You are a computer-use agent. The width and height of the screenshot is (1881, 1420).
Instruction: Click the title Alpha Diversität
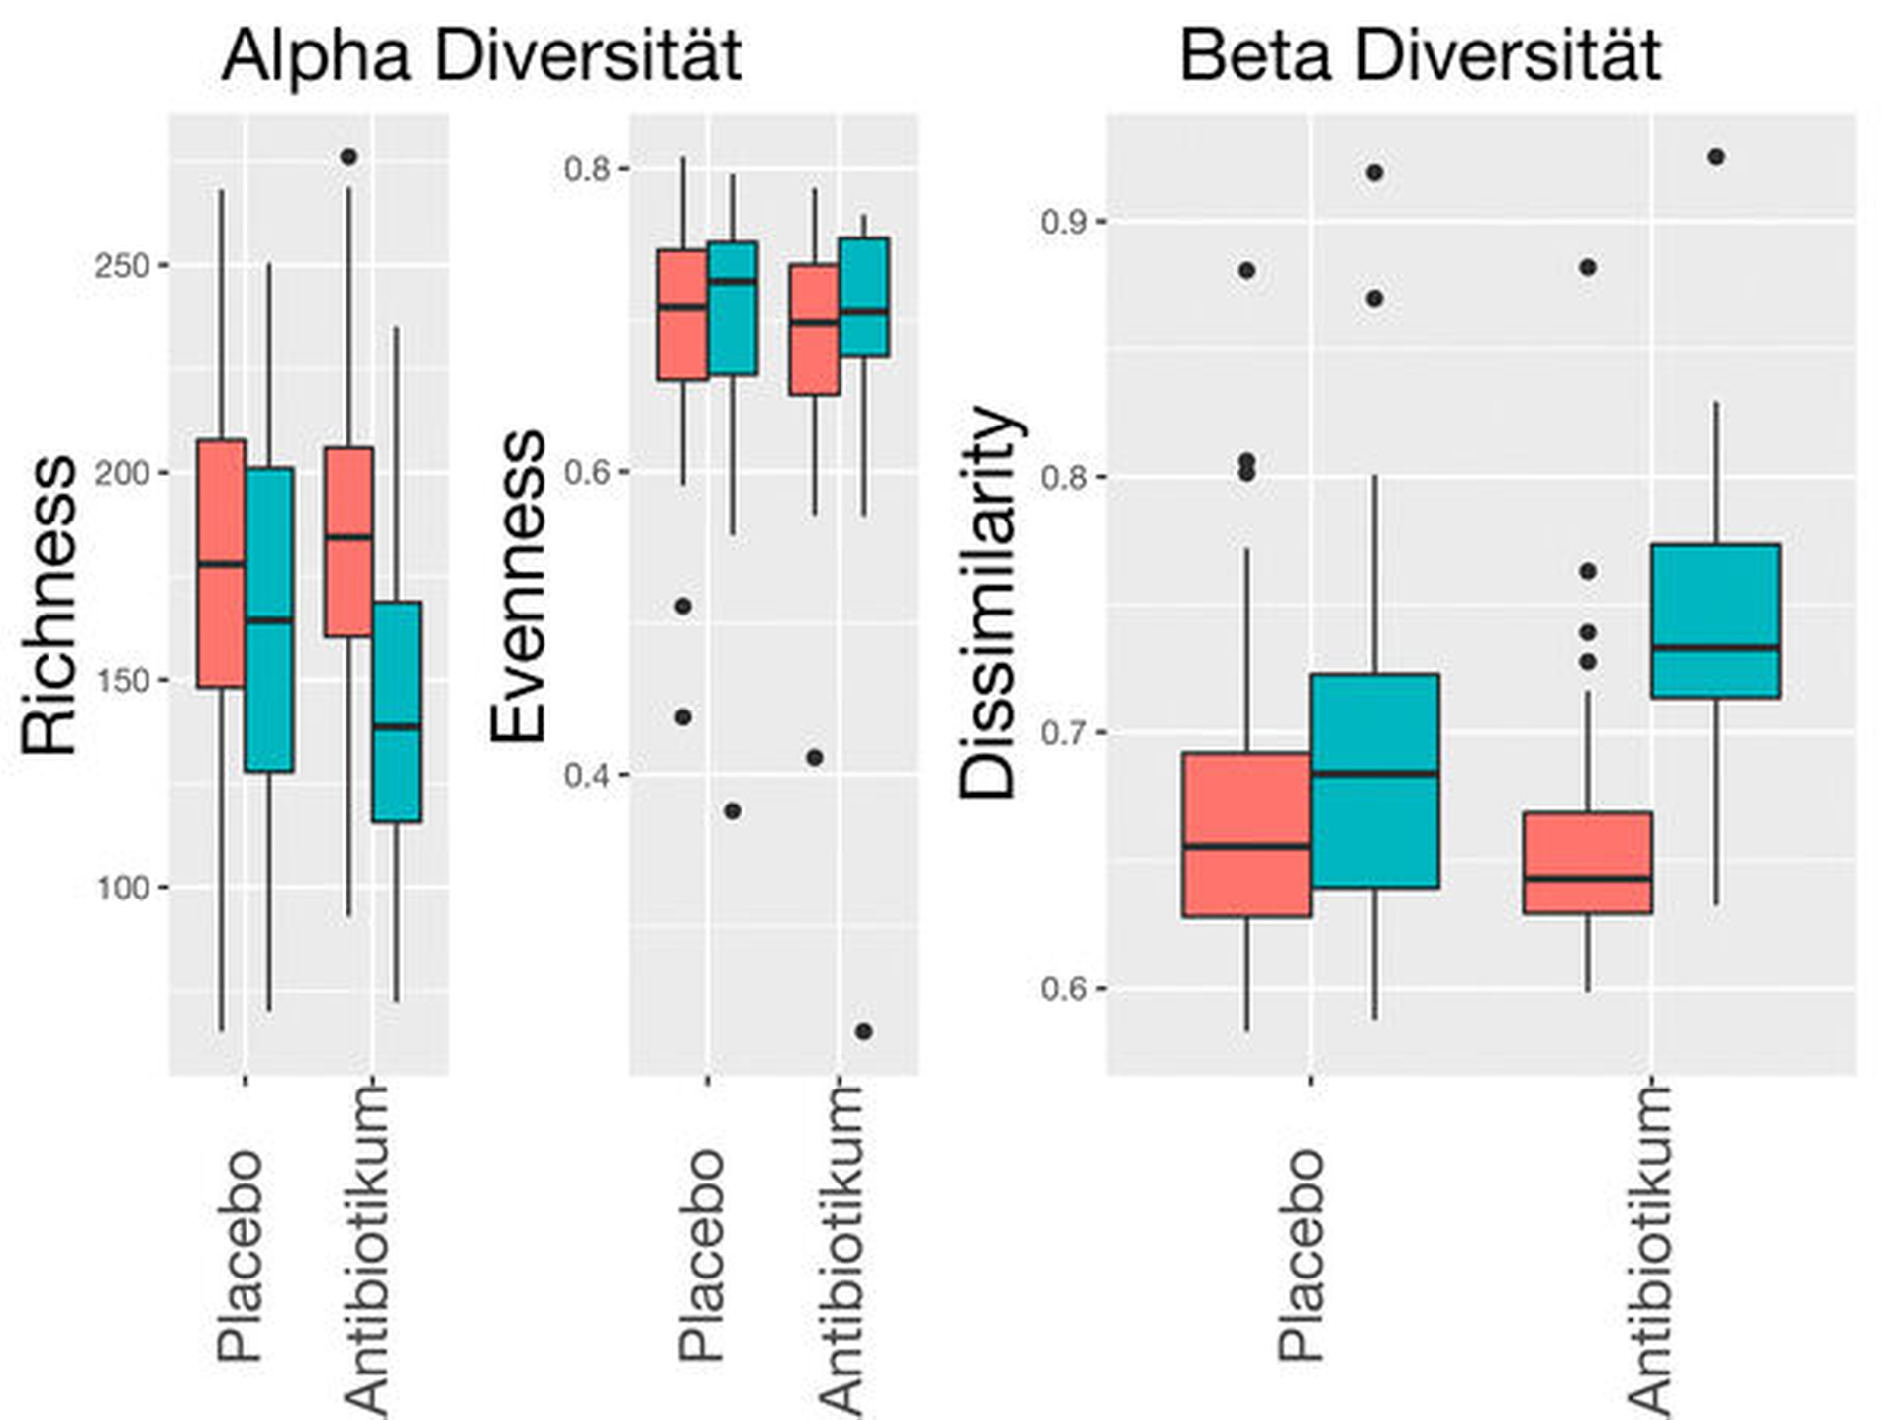482,56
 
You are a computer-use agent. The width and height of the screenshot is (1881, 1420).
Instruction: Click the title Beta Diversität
1420,56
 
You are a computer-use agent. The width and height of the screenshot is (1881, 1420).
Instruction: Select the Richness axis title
49,606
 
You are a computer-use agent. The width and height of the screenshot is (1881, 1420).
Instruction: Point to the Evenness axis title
518,586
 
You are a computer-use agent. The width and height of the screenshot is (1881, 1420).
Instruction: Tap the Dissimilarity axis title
988,603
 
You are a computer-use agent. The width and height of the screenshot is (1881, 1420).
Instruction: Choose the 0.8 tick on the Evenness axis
586,168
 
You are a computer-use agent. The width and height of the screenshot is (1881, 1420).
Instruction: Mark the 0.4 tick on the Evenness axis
586,775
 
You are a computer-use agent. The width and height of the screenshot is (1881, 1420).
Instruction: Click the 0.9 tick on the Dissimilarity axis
1063,221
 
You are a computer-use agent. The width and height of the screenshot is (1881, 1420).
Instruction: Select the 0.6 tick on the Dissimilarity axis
1063,989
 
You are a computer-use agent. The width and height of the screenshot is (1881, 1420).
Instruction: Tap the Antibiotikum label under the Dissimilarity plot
1650,1249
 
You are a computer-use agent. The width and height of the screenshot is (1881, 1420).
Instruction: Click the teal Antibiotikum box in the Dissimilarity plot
1716,621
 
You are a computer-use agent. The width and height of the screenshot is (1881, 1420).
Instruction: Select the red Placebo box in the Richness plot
221,563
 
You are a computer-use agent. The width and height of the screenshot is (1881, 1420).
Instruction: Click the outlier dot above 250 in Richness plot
348,157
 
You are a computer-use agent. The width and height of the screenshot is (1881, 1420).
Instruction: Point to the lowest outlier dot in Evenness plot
864,1031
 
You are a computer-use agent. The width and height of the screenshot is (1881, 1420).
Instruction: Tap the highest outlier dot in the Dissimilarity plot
1716,157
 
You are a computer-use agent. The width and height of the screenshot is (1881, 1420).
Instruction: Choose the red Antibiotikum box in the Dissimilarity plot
1587,863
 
